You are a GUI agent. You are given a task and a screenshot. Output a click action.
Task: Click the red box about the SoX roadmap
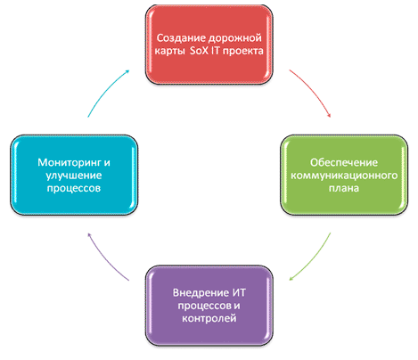pyautogui.click(x=209, y=45)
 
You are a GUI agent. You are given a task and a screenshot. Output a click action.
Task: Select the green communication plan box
pyautogui.click(x=344, y=175)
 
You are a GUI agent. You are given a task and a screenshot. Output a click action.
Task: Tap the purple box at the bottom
pyautogui.click(x=209, y=306)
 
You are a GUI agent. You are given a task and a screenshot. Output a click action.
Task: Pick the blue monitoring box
pyautogui.click(x=74, y=175)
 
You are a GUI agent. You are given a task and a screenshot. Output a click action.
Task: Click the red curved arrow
pyautogui.click(x=313, y=91)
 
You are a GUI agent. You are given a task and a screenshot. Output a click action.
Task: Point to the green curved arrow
pyautogui.click(x=313, y=259)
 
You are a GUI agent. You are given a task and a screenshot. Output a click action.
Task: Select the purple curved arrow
pyautogui.click(x=105, y=259)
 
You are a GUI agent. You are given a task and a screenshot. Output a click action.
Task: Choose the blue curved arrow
pyautogui.click(x=105, y=91)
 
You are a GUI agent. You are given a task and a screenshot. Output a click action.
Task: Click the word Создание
pyautogui.click(x=181, y=38)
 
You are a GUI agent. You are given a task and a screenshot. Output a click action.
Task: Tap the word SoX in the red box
pyautogui.click(x=199, y=51)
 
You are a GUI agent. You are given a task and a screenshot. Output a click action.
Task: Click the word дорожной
pyautogui.click(x=234, y=38)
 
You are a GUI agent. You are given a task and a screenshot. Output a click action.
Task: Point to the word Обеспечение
pyautogui.click(x=344, y=162)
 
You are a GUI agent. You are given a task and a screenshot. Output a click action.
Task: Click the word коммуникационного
pyautogui.click(x=344, y=176)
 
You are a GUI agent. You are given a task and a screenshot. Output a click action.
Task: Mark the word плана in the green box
pyautogui.click(x=344, y=188)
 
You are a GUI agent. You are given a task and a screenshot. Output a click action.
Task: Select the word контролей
pyautogui.click(x=209, y=318)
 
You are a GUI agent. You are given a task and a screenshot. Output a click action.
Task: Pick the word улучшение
pyautogui.click(x=74, y=176)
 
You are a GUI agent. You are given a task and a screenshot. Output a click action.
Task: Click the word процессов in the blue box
pyautogui.click(x=74, y=188)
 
